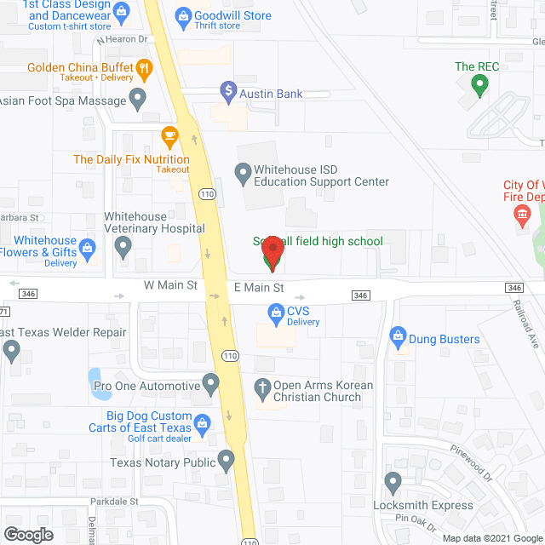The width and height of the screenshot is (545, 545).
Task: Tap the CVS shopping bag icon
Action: point(276,315)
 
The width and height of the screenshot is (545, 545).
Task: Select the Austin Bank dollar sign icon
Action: point(227,89)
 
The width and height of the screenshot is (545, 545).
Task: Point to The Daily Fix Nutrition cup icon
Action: point(169,135)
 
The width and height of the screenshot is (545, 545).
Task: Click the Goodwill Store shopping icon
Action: point(183,15)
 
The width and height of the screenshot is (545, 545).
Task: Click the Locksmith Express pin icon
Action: point(393,483)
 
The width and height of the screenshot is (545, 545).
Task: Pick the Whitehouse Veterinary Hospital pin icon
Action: point(123,248)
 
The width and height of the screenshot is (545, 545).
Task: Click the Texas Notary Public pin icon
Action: point(226,462)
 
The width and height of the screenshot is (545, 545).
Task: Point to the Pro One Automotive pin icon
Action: point(210,385)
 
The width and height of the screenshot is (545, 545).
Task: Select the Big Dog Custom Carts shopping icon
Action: point(203,422)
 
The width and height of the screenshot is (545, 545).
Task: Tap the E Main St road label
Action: point(259,288)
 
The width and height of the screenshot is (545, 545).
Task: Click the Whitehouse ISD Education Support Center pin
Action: point(243,175)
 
